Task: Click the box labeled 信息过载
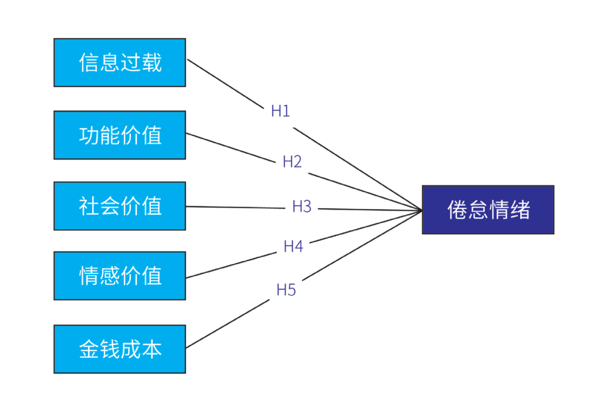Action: pyautogui.click(x=120, y=63)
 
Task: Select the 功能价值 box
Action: pyautogui.click(x=120, y=135)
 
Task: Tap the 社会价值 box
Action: pyautogui.click(x=120, y=206)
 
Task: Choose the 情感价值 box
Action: pyautogui.click(x=120, y=276)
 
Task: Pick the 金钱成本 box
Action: pyautogui.click(x=120, y=349)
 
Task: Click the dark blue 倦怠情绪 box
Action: pyautogui.click(x=488, y=210)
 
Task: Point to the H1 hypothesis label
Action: pyautogui.click(x=281, y=111)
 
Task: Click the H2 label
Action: pyautogui.click(x=292, y=161)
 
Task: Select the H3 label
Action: pyautogui.click(x=302, y=206)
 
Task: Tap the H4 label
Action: pyautogui.click(x=293, y=246)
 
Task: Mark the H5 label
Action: pyautogui.click(x=286, y=290)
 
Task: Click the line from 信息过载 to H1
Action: pyautogui.click(x=225, y=84)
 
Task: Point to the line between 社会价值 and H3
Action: pyautogui.click(x=235, y=207)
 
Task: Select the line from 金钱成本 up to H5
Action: pyautogui.click(x=228, y=323)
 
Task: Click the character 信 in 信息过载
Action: pyautogui.click(x=89, y=63)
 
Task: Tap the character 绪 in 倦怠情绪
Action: pyautogui.click(x=520, y=210)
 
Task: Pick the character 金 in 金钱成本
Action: pyautogui.click(x=89, y=349)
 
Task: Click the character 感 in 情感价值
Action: pyautogui.click(x=110, y=276)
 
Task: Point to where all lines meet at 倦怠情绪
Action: pyautogui.click(x=422, y=210)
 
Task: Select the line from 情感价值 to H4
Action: pyautogui.click(x=231, y=265)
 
